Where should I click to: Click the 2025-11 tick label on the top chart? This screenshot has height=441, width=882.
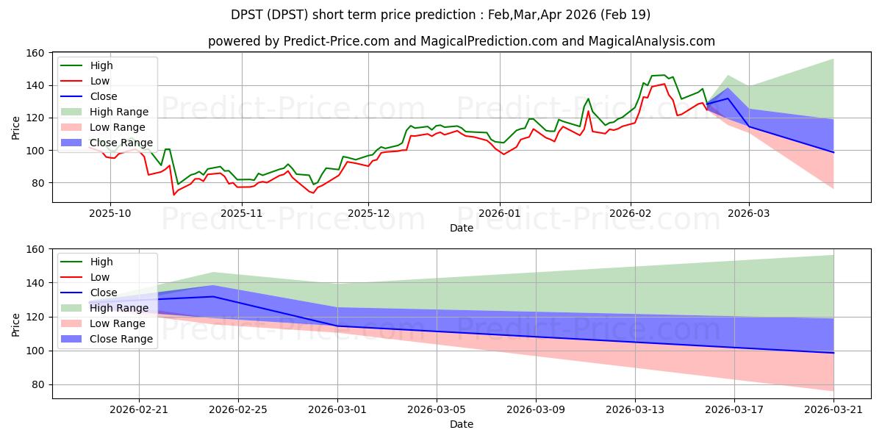click(242, 212)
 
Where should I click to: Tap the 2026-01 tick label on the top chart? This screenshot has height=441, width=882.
click(500, 212)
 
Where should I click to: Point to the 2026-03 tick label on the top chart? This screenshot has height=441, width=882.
click(749, 212)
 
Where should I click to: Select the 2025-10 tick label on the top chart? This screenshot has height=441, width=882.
click(110, 212)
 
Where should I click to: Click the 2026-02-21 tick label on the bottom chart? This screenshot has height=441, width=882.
click(139, 409)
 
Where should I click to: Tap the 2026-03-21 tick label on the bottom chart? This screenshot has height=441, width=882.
click(833, 409)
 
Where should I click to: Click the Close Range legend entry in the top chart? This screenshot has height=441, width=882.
click(120, 143)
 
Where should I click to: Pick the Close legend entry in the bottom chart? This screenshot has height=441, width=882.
click(102, 293)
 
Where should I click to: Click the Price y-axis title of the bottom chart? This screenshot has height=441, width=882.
click(15, 324)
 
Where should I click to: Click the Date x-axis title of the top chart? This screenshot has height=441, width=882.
click(462, 228)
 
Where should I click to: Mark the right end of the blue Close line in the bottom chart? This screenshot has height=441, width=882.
click(833, 353)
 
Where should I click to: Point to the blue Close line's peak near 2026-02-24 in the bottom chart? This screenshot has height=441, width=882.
click(213, 296)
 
